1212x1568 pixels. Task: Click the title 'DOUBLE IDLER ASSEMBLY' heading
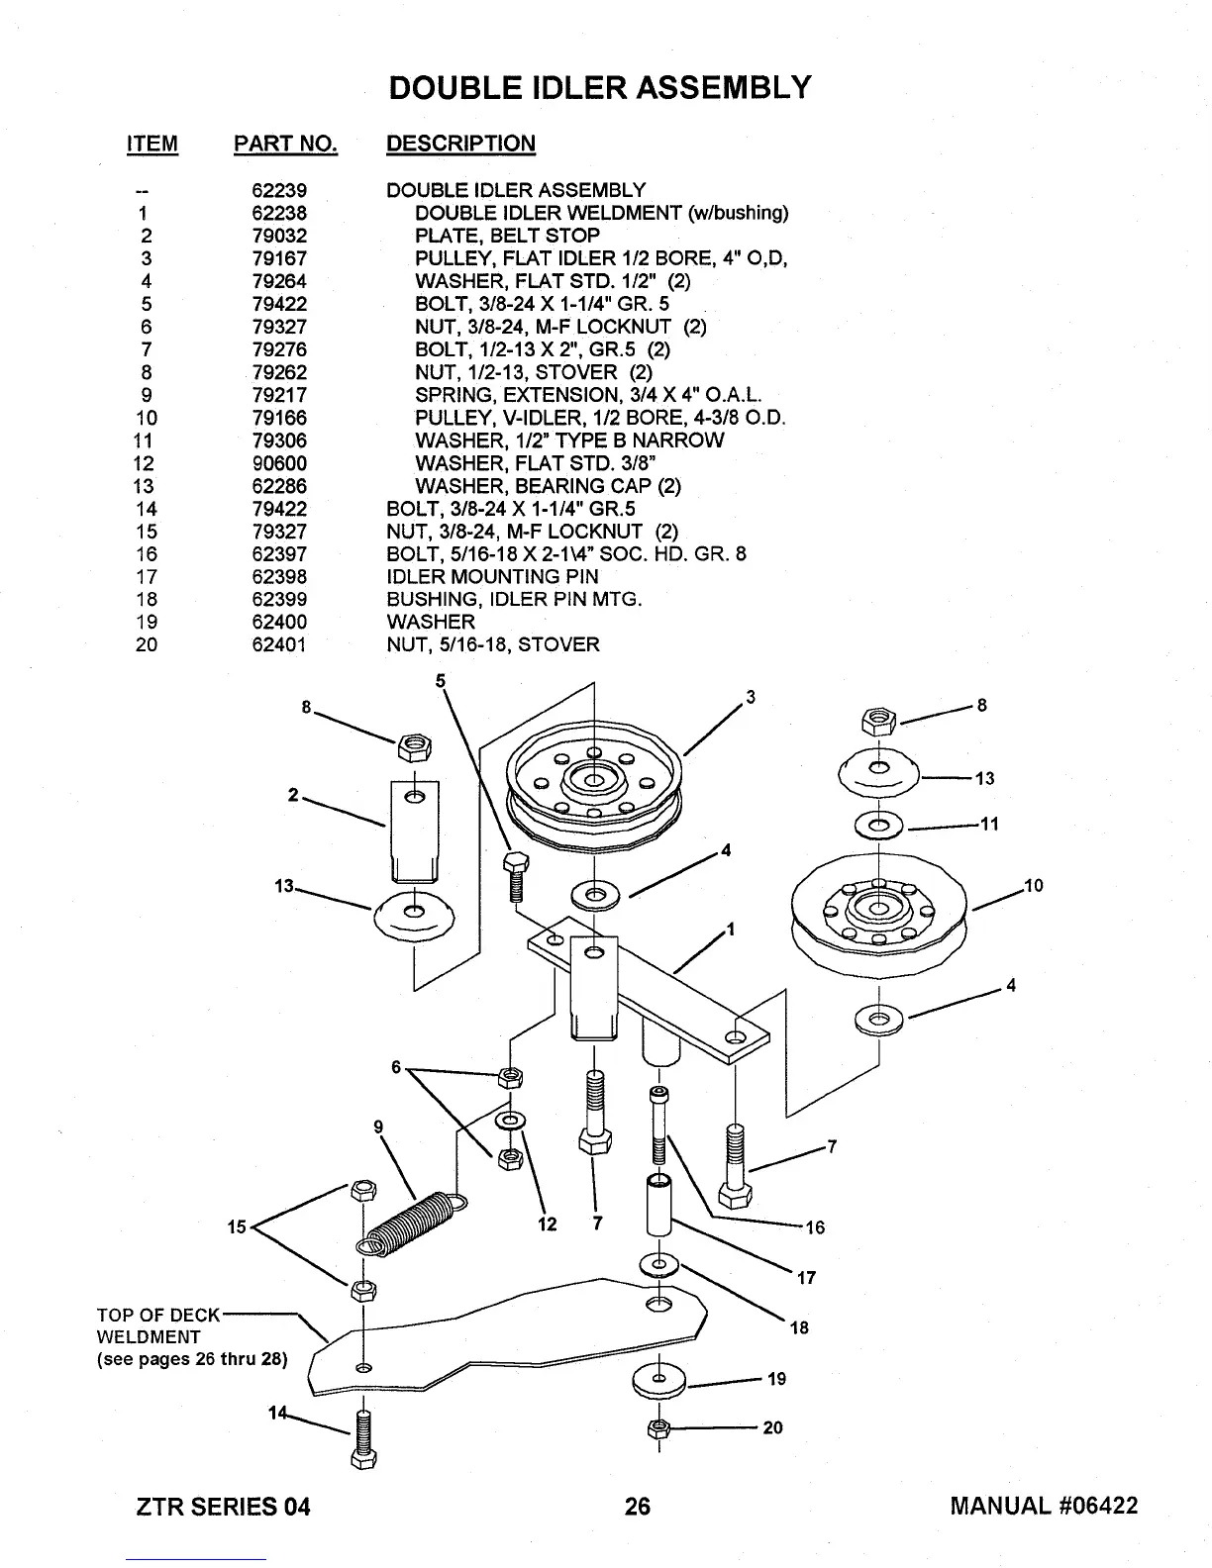[600, 87]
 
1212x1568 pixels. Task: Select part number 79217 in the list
[279, 395]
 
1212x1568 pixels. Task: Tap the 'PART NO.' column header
[285, 144]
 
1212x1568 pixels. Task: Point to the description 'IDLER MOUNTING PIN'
[492, 577]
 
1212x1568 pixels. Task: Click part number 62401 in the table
[279, 645]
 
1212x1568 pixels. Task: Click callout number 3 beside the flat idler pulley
[751, 697]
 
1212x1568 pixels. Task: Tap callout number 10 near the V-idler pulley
[1034, 886]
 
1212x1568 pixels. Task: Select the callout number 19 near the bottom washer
[775, 1379]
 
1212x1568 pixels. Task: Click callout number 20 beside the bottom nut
[773, 1427]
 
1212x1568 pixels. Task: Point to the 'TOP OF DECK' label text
[158, 1316]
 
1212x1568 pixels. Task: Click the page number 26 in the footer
[638, 1506]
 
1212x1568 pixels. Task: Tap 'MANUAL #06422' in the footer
[1044, 1506]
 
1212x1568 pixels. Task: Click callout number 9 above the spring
[378, 1126]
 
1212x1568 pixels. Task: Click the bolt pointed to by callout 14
[363, 1437]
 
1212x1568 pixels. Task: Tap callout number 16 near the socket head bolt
[815, 1228]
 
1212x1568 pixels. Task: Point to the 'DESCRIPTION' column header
[460, 144]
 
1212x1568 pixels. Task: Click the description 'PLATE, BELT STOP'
[507, 236]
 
